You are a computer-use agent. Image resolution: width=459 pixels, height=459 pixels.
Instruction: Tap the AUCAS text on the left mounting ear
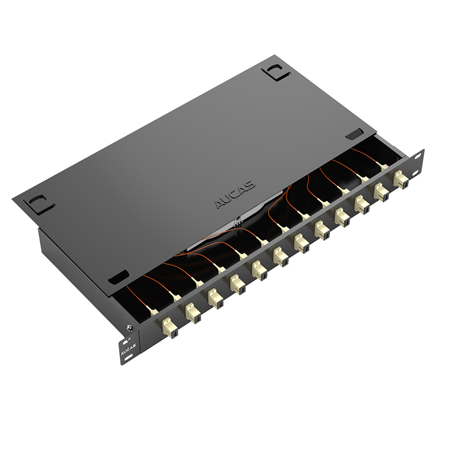pyautogui.click(x=128, y=348)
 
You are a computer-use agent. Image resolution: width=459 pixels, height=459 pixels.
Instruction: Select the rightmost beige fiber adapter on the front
pyautogui.click(x=401, y=179)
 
